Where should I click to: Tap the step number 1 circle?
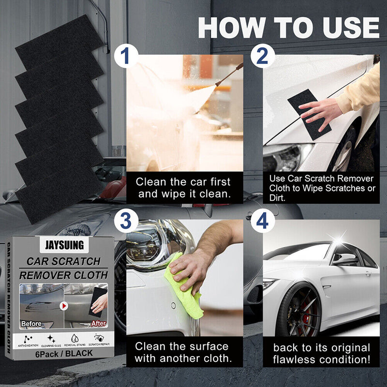tap(125, 56)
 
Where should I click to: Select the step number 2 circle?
tap(262, 56)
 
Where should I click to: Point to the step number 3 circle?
tap(125, 223)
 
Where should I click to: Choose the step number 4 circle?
tap(262, 223)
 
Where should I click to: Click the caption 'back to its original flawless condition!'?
tap(321, 354)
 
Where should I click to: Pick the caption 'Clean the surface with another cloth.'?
tap(181, 352)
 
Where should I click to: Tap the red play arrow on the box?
tap(63, 306)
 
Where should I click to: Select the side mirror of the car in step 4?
tap(345, 260)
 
